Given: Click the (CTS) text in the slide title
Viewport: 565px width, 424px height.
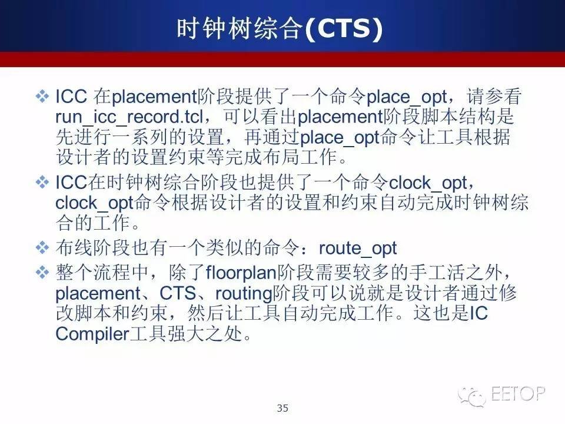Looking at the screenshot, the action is (x=344, y=29).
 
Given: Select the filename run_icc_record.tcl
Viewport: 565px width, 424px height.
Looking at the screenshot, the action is (x=129, y=117).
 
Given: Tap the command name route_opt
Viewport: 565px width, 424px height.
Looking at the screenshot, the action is (x=358, y=249).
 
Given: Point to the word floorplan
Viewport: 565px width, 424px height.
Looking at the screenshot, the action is (x=241, y=273).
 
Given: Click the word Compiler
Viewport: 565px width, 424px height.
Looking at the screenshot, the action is (x=92, y=334).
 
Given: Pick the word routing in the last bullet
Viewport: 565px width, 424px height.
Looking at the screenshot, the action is (x=244, y=294).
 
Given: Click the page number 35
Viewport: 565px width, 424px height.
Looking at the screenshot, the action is (x=282, y=408).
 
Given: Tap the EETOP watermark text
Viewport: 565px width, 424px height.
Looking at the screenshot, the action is (x=518, y=393).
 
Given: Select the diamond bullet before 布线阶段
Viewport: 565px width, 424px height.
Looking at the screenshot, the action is (x=42, y=248).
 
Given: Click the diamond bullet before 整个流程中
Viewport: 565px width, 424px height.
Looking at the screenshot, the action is (x=42, y=272).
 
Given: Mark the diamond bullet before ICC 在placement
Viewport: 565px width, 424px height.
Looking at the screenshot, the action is (x=42, y=96).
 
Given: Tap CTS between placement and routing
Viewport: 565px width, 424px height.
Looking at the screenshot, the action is (x=178, y=293).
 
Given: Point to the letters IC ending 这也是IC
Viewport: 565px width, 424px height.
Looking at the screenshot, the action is (x=479, y=313).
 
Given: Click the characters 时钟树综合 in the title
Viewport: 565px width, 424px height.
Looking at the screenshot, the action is (x=240, y=29).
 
